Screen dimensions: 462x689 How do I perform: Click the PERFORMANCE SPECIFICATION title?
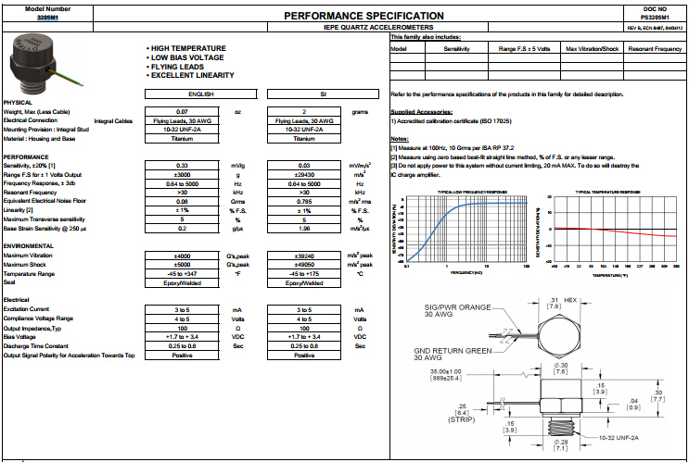[351, 16]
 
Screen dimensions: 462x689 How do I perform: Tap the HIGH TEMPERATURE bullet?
[188, 48]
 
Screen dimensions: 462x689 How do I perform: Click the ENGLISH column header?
[202, 94]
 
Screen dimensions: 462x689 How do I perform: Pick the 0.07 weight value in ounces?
[183, 111]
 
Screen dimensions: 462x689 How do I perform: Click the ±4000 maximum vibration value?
[183, 255]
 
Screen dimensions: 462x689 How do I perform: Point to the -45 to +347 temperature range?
[183, 274]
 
